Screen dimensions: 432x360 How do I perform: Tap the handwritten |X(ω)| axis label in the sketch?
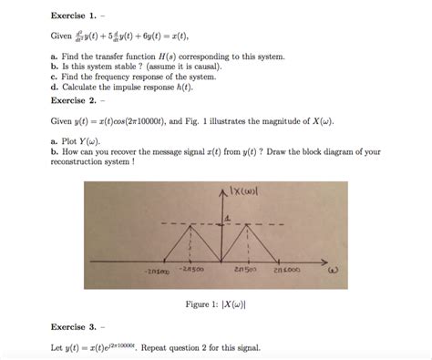point(248,191)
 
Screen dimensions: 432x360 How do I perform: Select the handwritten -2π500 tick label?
point(190,269)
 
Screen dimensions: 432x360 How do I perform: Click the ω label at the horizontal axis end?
point(334,270)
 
